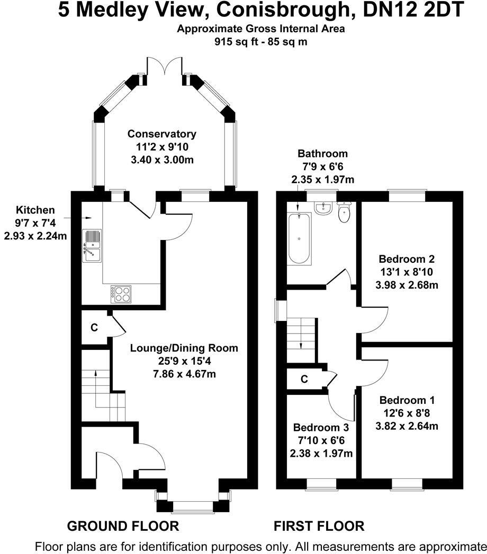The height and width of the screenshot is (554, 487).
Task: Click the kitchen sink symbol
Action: pyautogui.click(x=92, y=246)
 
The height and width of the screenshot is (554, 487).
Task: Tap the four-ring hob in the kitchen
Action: pyautogui.click(x=121, y=293)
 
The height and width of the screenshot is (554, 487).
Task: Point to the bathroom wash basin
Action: pyautogui.click(x=322, y=209)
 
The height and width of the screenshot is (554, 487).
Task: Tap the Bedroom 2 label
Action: pyautogui.click(x=407, y=259)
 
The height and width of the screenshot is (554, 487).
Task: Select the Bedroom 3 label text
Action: pyautogui.click(x=321, y=427)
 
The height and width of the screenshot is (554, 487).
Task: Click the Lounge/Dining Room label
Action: pyautogui.click(x=184, y=348)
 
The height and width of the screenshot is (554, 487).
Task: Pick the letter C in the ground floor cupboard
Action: pyautogui.click(x=94, y=328)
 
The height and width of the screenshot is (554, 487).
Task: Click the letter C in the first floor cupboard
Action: pyautogui.click(x=304, y=379)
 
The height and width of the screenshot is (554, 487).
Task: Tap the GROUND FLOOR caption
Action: pyautogui.click(x=122, y=526)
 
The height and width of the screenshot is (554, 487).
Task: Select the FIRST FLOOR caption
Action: pyautogui.click(x=319, y=526)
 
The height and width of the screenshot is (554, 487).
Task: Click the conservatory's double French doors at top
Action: pyautogui.click(x=164, y=69)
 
